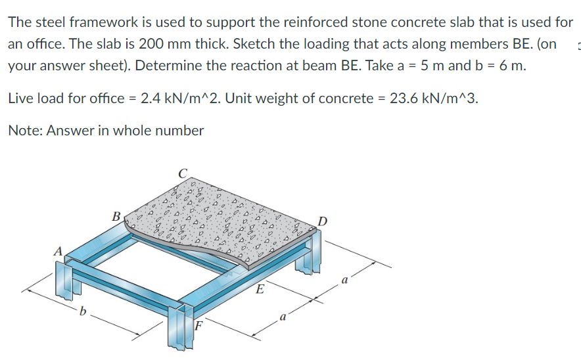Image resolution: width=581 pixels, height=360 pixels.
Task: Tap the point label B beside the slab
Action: click(x=116, y=215)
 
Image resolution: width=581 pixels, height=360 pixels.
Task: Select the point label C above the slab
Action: click(x=183, y=173)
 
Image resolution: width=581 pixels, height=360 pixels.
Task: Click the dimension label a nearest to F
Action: click(x=283, y=317)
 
